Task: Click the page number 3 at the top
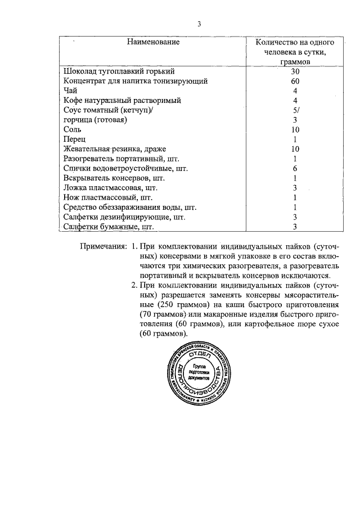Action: click(x=199, y=24)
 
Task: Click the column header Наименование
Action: click(x=153, y=42)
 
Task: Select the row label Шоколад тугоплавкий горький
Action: click(x=119, y=71)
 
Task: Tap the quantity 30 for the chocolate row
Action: click(x=295, y=71)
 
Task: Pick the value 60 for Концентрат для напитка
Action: click(x=295, y=81)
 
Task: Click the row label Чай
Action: click(x=70, y=91)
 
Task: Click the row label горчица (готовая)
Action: click(x=96, y=120)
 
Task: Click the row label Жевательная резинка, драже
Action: click(x=115, y=149)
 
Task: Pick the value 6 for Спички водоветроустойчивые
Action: click(x=295, y=168)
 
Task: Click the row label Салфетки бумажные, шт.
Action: click(x=109, y=227)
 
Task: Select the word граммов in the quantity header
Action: click(x=295, y=61)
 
